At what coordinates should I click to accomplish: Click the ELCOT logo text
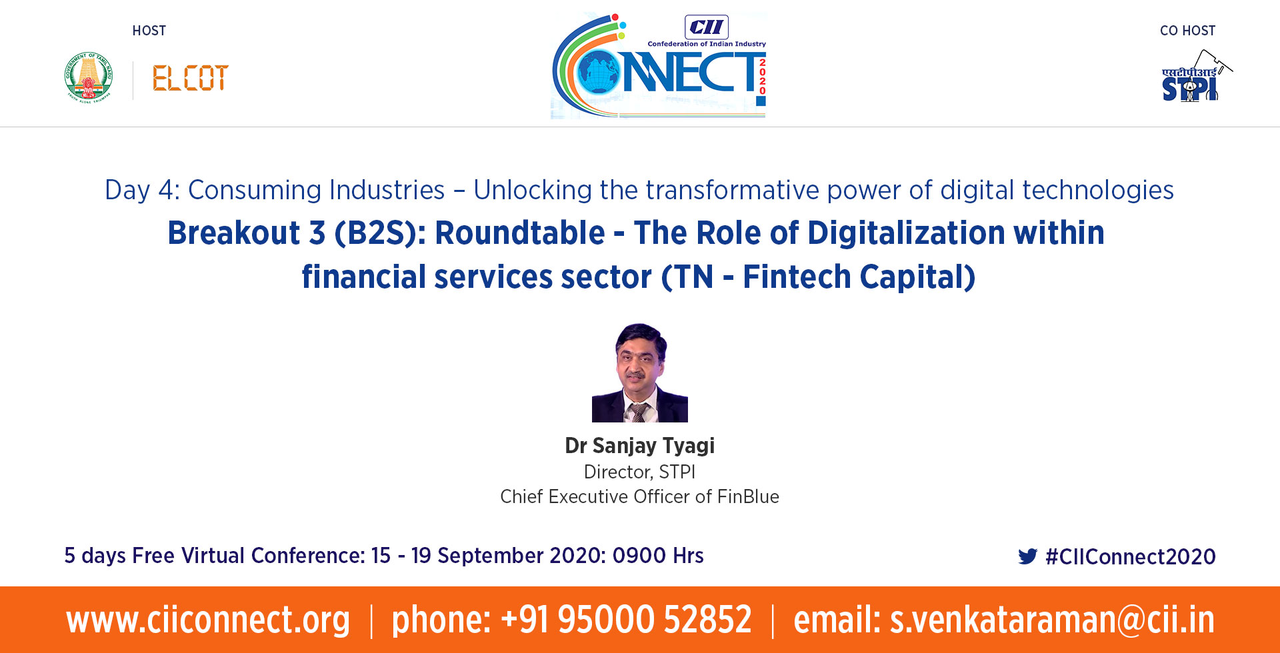coord(191,78)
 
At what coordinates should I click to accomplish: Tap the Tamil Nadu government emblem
coord(89,77)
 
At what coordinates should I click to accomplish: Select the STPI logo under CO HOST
coord(1196,76)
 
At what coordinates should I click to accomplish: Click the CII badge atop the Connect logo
coord(707,27)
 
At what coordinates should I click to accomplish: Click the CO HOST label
coord(1187,31)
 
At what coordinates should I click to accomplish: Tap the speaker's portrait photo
coord(640,372)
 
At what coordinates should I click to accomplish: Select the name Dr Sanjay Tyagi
coord(640,446)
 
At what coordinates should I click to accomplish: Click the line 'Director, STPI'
coord(640,472)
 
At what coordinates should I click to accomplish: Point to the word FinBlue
coord(748,496)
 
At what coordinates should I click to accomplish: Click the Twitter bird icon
coord(1027,556)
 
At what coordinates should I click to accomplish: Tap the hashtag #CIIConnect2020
coord(1131,556)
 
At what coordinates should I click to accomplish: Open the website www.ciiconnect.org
coord(208,620)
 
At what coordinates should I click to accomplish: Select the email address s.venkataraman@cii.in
coord(1052,620)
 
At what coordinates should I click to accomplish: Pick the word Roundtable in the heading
coord(520,233)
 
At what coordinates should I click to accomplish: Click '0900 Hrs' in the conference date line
coord(658,556)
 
